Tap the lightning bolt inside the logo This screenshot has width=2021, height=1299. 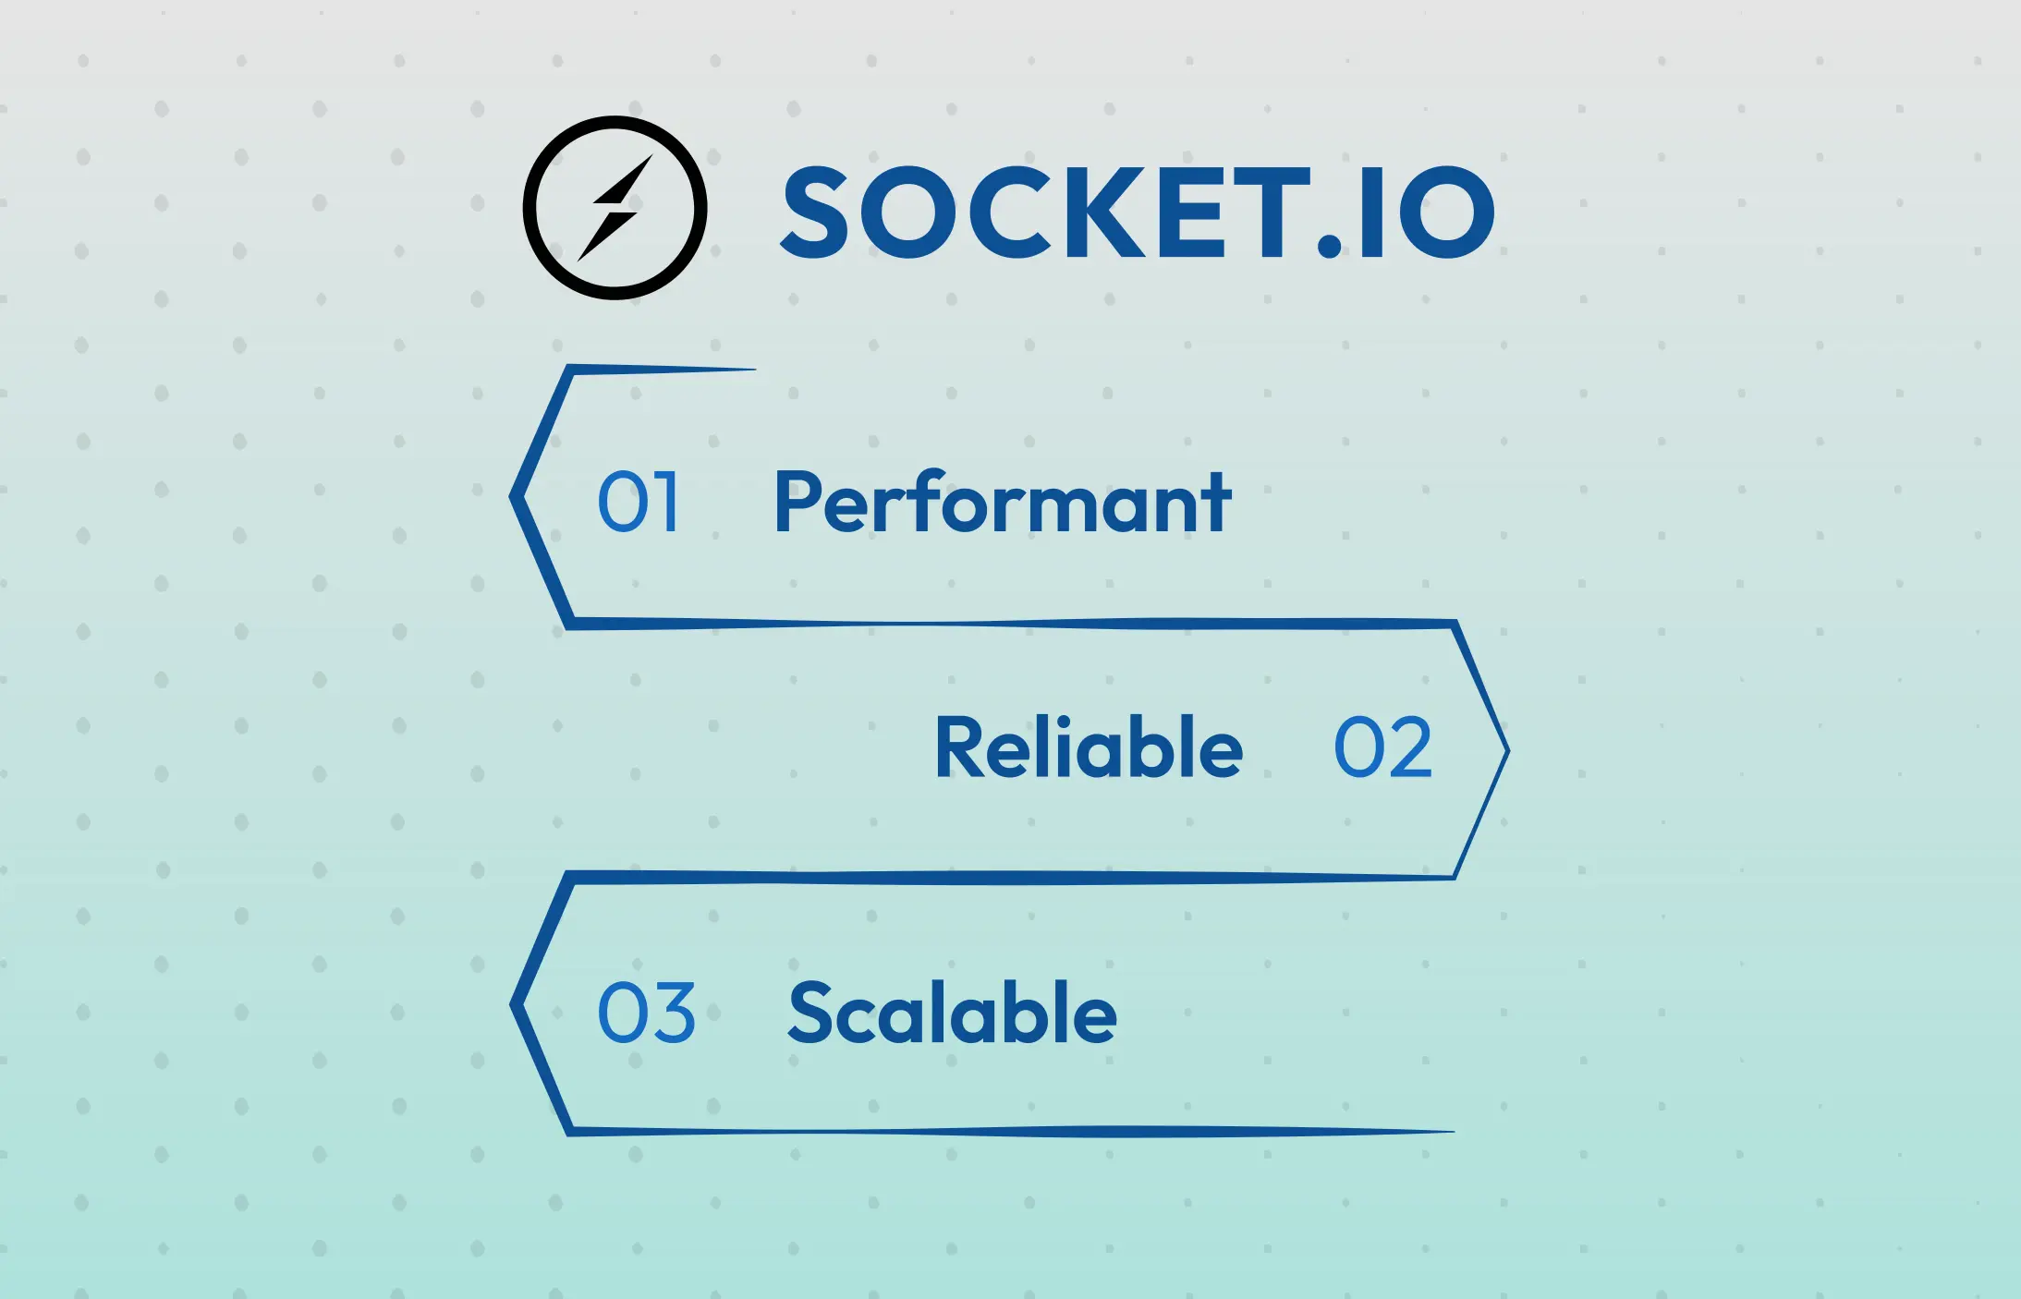coord(615,209)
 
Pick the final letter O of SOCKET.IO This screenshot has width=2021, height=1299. coord(1446,213)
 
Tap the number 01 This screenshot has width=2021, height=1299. coord(639,502)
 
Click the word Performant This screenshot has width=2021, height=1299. coord(1002,504)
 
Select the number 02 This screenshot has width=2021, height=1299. coord(1382,747)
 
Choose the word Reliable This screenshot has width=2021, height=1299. coord(1089,747)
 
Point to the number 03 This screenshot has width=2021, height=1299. coord(646,1014)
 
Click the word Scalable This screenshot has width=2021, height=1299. coord(952,1014)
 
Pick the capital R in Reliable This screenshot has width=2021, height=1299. coord(957,747)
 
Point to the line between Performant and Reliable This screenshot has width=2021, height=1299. coord(1007,625)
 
